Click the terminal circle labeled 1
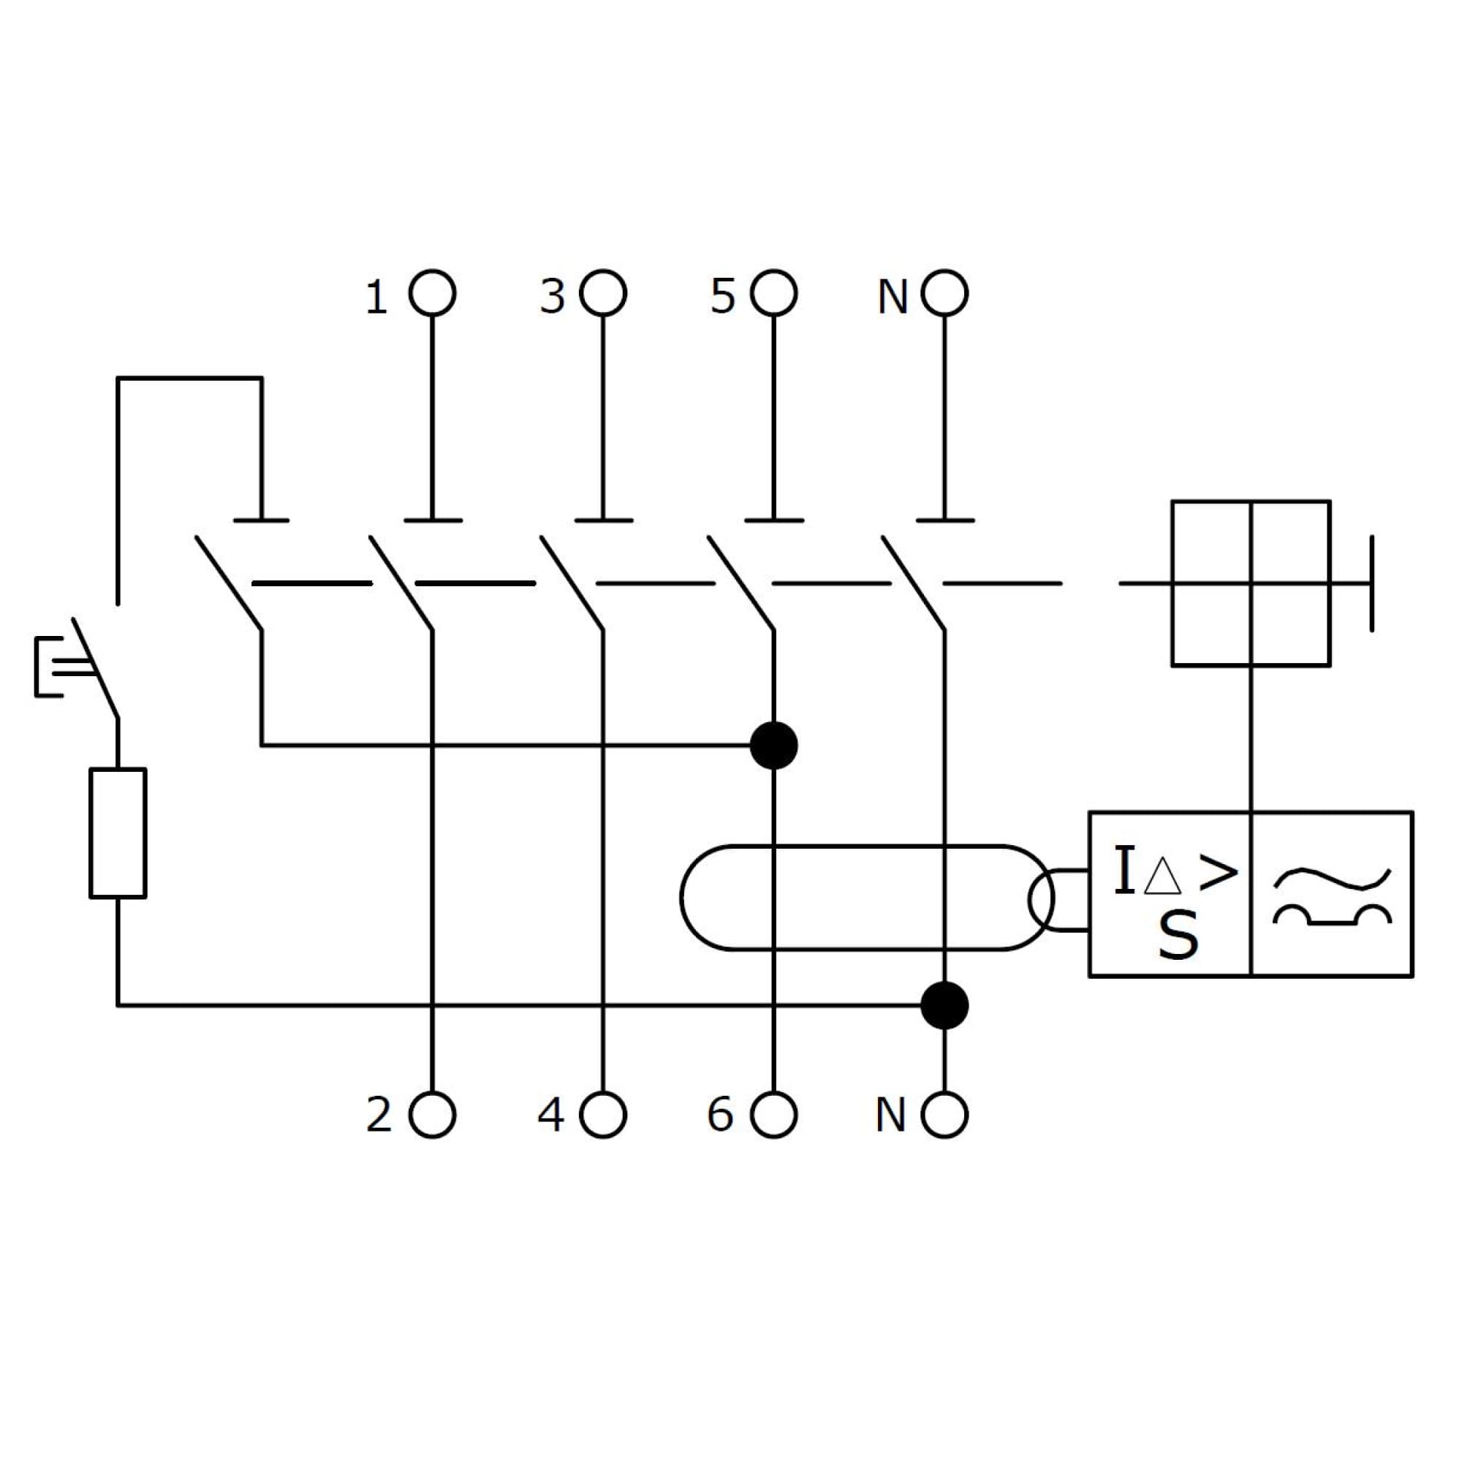[432, 293]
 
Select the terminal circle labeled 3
[603, 293]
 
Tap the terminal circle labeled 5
[773, 293]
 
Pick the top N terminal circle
[944, 293]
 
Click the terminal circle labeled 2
[432, 1115]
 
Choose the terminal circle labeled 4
[603, 1115]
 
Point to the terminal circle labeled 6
[773, 1115]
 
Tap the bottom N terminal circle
[944, 1115]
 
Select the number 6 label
[719, 1115]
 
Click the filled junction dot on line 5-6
[773, 746]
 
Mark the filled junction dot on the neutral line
[944, 1006]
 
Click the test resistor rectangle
[118, 833]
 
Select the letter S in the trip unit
[1178, 936]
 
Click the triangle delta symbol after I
[1162, 878]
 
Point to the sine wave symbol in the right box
[1332, 879]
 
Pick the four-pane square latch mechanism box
[1251, 583]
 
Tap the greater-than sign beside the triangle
[1219, 873]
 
